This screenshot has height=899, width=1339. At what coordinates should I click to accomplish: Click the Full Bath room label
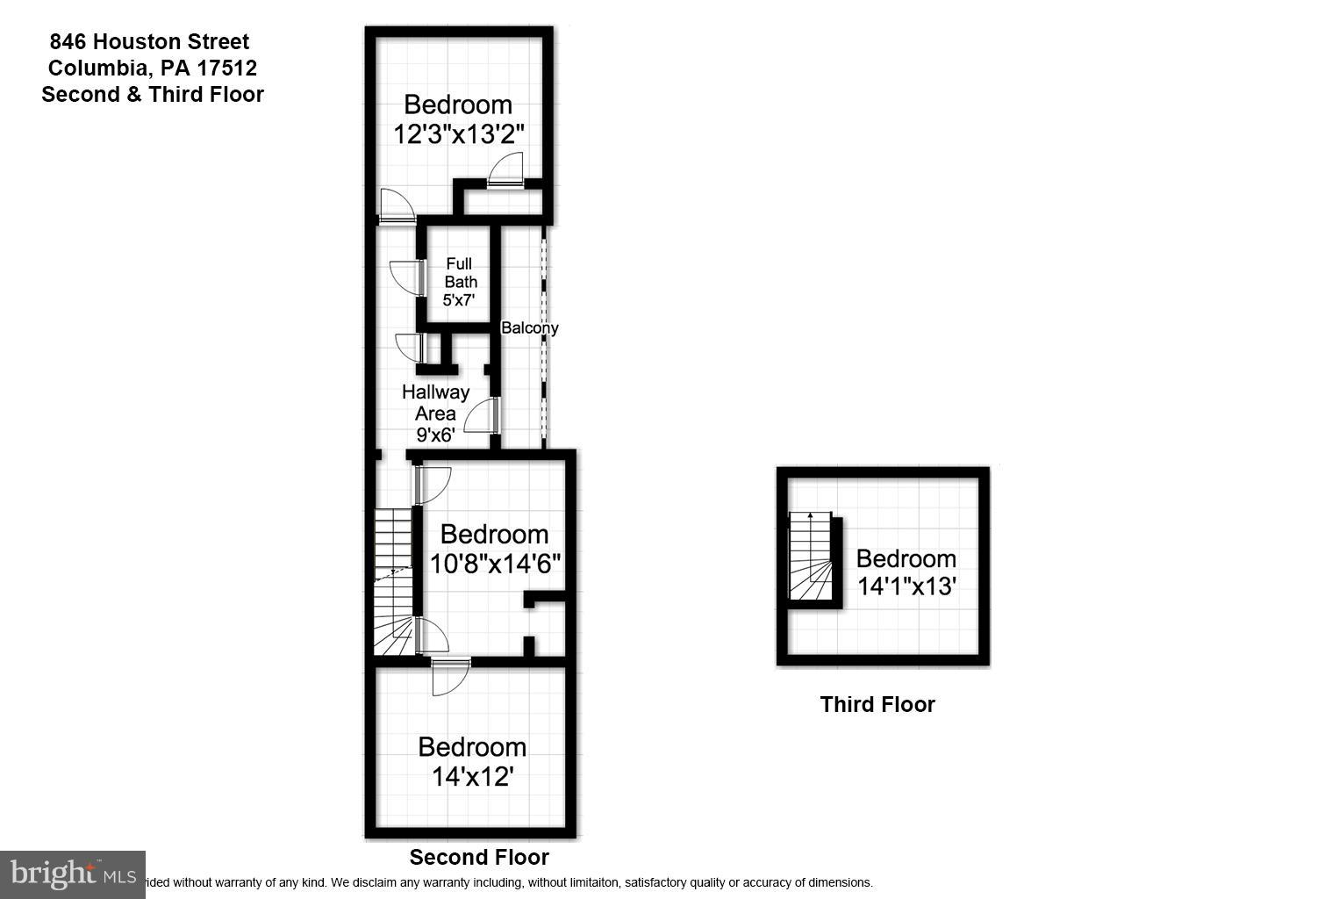[x=460, y=272]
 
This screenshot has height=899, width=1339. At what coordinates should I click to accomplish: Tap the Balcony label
[x=529, y=328]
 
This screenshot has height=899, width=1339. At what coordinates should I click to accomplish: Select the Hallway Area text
[x=435, y=402]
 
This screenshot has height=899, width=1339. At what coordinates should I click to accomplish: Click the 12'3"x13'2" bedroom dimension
[x=458, y=134]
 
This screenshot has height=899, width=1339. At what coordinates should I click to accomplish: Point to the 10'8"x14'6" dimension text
[x=495, y=564]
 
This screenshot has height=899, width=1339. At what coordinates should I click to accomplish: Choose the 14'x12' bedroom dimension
[x=472, y=776]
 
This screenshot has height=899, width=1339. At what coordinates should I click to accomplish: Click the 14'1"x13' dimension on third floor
[x=906, y=586]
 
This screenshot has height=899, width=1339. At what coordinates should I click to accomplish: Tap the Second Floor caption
[x=479, y=858]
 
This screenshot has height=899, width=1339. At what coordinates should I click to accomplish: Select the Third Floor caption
[x=877, y=704]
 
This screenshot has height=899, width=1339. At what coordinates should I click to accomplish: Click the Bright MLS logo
[x=73, y=874]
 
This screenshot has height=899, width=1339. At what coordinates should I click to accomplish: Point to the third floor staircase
[x=810, y=557]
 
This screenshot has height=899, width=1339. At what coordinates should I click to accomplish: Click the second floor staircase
[x=393, y=579]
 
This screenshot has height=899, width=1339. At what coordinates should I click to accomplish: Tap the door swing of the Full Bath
[x=405, y=277]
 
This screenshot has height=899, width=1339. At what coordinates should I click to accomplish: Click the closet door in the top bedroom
[x=506, y=169]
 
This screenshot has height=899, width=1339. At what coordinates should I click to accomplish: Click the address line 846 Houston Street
[x=149, y=41]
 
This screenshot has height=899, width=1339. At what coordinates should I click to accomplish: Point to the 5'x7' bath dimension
[x=459, y=300]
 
